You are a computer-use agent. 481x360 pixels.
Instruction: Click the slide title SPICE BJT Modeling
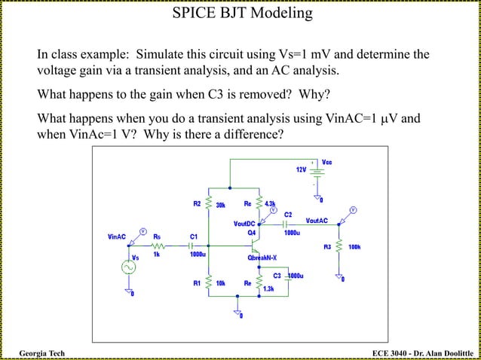click(241, 13)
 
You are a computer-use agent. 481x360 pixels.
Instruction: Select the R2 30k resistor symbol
click(209, 204)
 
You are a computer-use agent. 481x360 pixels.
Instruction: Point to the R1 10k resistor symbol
click(209, 284)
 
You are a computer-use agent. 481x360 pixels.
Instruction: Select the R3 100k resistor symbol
click(339, 246)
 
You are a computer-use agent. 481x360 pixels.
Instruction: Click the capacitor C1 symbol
click(193, 245)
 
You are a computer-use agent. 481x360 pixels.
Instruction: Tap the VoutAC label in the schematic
click(317, 220)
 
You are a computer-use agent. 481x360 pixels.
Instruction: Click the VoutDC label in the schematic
click(244, 224)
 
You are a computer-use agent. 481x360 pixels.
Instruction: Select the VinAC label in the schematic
click(116, 236)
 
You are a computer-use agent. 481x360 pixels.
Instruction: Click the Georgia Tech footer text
click(41, 353)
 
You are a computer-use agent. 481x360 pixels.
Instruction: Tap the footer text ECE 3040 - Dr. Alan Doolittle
click(424, 353)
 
